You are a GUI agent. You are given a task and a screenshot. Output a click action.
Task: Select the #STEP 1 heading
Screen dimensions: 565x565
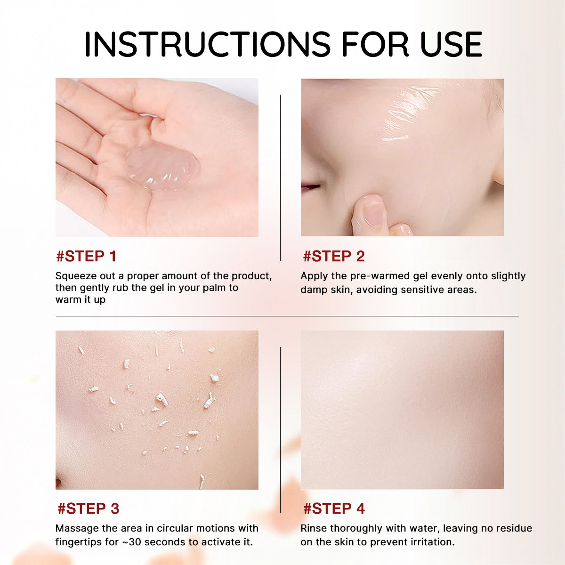[86, 256]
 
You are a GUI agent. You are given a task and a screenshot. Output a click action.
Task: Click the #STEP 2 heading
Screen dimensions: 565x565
[334, 256]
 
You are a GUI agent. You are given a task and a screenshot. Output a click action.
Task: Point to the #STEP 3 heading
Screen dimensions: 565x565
[88, 508]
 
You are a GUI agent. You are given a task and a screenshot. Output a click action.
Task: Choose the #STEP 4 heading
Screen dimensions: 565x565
[334, 508]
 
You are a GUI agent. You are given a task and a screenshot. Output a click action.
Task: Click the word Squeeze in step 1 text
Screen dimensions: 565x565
[73, 276]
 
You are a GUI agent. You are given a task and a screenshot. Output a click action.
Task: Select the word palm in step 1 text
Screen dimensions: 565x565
[214, 288]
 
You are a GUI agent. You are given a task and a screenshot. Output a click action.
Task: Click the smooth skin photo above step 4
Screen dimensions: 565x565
[402, 410]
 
